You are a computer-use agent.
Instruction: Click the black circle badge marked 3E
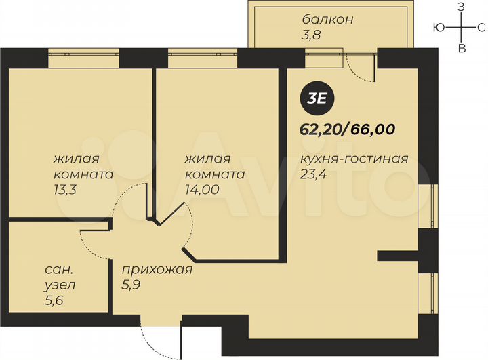(x=317, y=97)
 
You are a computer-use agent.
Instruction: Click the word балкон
(x=328, y=19)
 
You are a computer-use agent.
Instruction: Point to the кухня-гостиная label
(x=353, y=159)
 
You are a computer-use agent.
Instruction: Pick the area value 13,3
(x=66, y=191)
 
